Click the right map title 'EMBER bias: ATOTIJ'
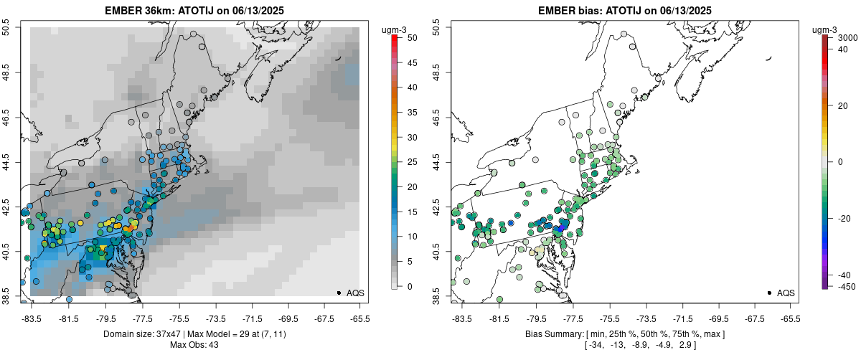tap(590, 10)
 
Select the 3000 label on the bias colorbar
tap(847, 38)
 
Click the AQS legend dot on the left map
tap(339, 293)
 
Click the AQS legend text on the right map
tap(786, 293)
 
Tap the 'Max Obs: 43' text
tap(194, 345)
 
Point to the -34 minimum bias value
tap(596, 345)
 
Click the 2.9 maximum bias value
tap(686, 345)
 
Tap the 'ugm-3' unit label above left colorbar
tap(394, 30)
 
